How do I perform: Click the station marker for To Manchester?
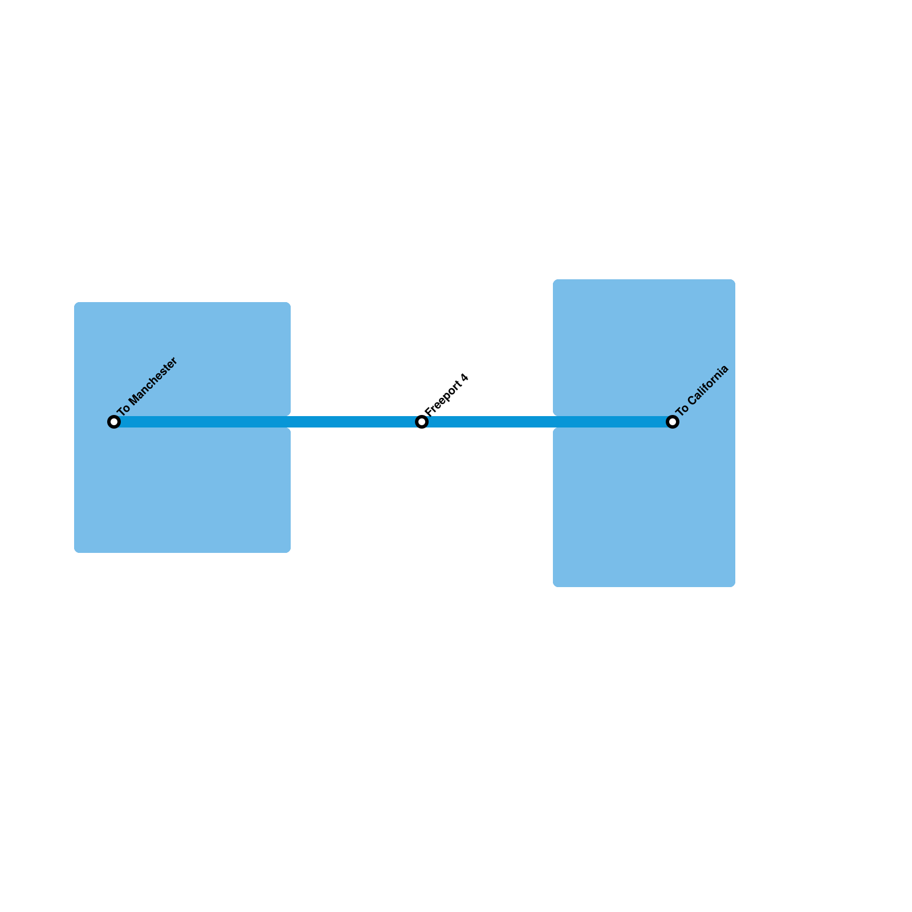(114, 422)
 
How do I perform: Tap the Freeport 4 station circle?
(422, 422)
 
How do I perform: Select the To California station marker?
(673, 422)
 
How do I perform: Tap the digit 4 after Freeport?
(465, 378)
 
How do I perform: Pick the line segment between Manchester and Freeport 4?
(268, 422)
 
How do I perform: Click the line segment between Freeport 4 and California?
(547, 422)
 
